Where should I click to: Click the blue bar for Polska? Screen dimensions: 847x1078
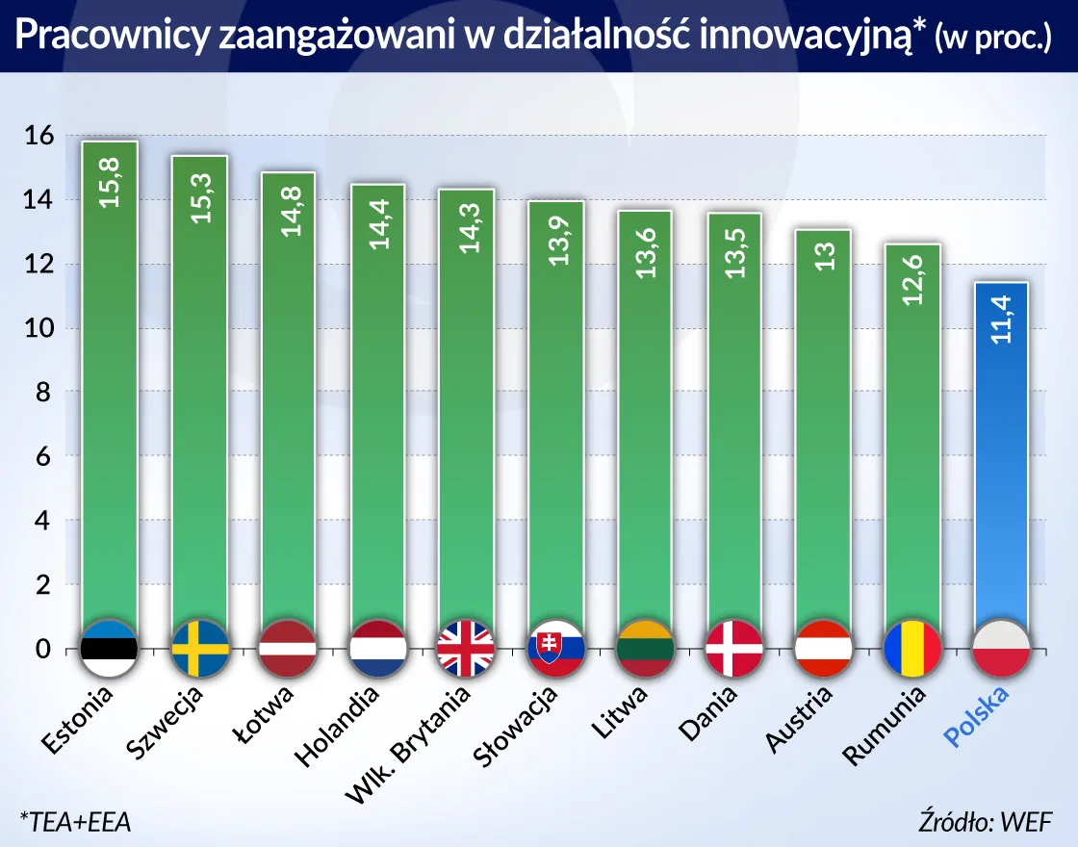point(1003,462)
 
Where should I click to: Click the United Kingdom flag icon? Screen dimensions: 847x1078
point(466,648)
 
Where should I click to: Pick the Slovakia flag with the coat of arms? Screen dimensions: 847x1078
point(555,648)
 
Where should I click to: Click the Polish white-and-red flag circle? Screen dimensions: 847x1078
point(1003,648)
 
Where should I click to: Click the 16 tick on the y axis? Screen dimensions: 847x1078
point(38,136)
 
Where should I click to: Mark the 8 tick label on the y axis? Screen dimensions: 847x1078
point(42,393)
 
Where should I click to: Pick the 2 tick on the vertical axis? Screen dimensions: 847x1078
point(42,585)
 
